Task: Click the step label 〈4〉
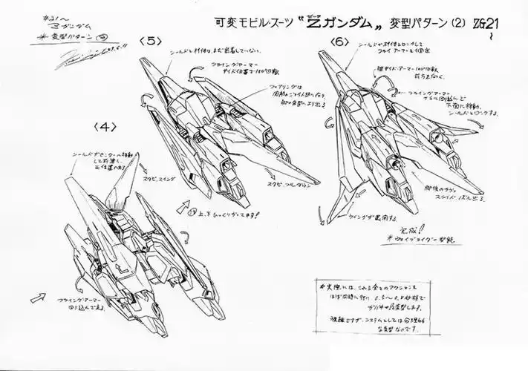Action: coord(106,126)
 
